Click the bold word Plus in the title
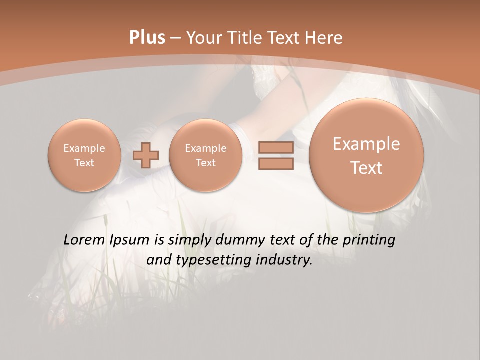coord(147,38)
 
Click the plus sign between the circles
coord(146,155)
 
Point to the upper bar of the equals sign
coord(276,148)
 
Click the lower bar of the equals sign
coord(276,164)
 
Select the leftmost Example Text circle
coord(84,155)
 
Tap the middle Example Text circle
coord(206,155)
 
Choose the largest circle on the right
coord(366,155)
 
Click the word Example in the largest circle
coord(366,144)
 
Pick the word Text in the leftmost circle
coord(84,163)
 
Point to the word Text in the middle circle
coord(206,163)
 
